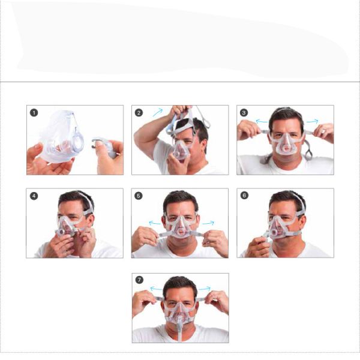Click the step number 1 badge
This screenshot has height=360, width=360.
click(x=34, y=112)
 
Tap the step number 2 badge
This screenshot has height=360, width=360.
click(x=139, y=112)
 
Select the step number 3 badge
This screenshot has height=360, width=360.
click(x=244, y=112)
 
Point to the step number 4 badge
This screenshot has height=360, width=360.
click(x=34, y=196)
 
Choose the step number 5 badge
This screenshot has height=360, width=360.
click(x=139, y=196)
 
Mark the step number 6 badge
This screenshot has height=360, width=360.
click(x=244, y=196)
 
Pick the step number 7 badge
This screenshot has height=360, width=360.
click(x=139, y=280)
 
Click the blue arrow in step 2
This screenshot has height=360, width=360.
click(x=157, y=112)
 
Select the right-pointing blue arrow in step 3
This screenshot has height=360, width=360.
click(x=312, y=121)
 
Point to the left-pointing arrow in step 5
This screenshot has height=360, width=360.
click(x=155, y=223)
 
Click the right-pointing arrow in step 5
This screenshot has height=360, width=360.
click(x=207, y=223)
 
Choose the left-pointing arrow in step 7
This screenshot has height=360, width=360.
click(x=155, y=289)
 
